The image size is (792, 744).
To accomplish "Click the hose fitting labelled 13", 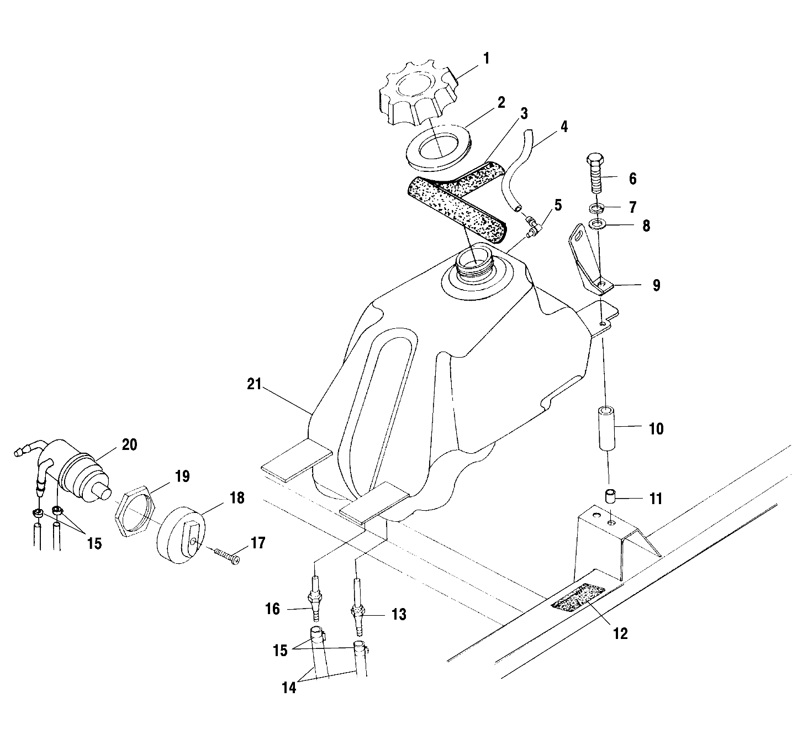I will tap(357, 613).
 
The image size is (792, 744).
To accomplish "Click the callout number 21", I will tap(254, 385).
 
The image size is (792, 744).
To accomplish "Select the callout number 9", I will tap(656, 286).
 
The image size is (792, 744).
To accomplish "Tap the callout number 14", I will tap(289, 688).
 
